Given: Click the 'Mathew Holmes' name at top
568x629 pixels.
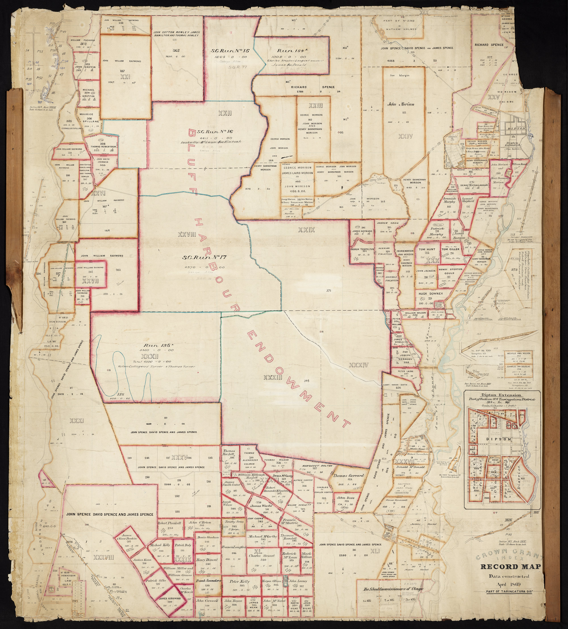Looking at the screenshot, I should tap(401, 29).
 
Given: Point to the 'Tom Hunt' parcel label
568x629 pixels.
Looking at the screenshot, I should tap(427, 249).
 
